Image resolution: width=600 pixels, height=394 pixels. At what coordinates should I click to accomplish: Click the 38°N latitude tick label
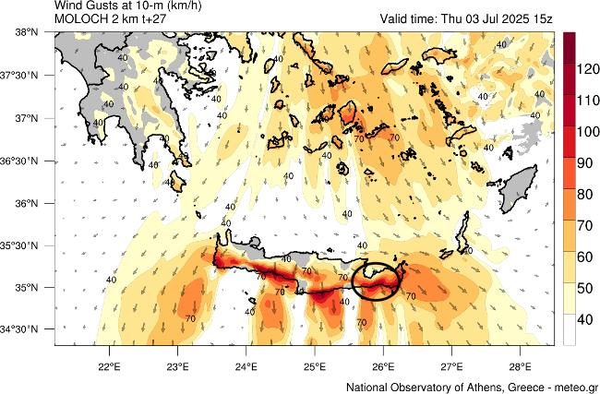(27, 32)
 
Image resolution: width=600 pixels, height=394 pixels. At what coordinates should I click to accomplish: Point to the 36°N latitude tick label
(27, 203)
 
